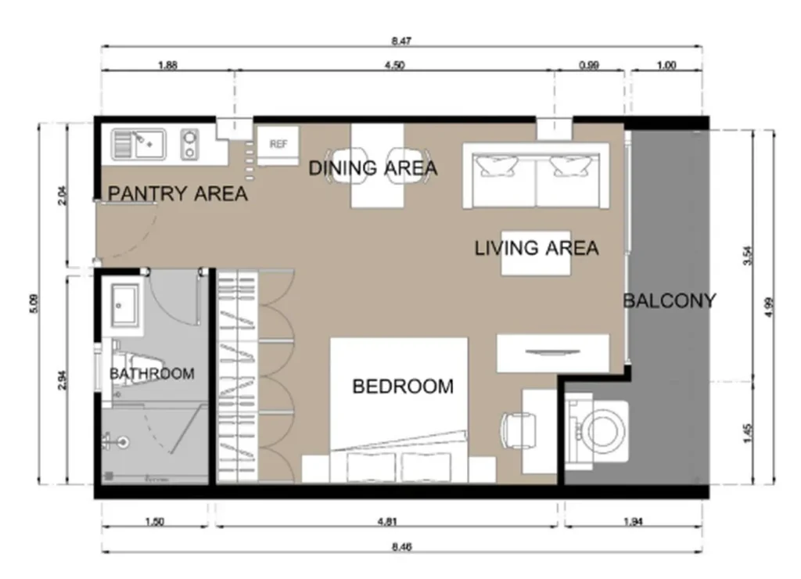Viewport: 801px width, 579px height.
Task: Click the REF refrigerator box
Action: point(278,146)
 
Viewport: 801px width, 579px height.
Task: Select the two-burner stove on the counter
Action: point(189,144)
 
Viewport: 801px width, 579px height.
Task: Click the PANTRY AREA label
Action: point(178,194)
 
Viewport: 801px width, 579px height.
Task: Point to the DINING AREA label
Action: point(373,168)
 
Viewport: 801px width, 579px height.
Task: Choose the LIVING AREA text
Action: point(537,248)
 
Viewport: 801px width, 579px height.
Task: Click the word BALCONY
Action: point(670,301)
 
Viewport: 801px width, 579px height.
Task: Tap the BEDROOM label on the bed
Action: point(403,387)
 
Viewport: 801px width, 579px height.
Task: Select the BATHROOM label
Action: point(153,373)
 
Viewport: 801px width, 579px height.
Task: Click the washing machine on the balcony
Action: point(597,431)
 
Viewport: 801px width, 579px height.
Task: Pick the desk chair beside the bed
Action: point(519,430)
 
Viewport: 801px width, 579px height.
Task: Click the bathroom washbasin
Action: point(124,305)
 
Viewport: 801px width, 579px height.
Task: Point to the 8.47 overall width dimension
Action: point(401,41)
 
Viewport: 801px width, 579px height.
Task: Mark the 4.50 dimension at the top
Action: point(394,65)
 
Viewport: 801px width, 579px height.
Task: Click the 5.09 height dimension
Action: point(33,304)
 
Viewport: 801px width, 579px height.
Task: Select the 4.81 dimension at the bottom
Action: point(387,522)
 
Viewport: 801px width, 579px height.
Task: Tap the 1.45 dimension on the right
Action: point(749,433)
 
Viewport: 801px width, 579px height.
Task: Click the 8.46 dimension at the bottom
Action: point(401,547)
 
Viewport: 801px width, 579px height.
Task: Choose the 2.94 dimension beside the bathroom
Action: point(62,379)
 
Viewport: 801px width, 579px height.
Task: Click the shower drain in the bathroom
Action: point(123,441)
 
